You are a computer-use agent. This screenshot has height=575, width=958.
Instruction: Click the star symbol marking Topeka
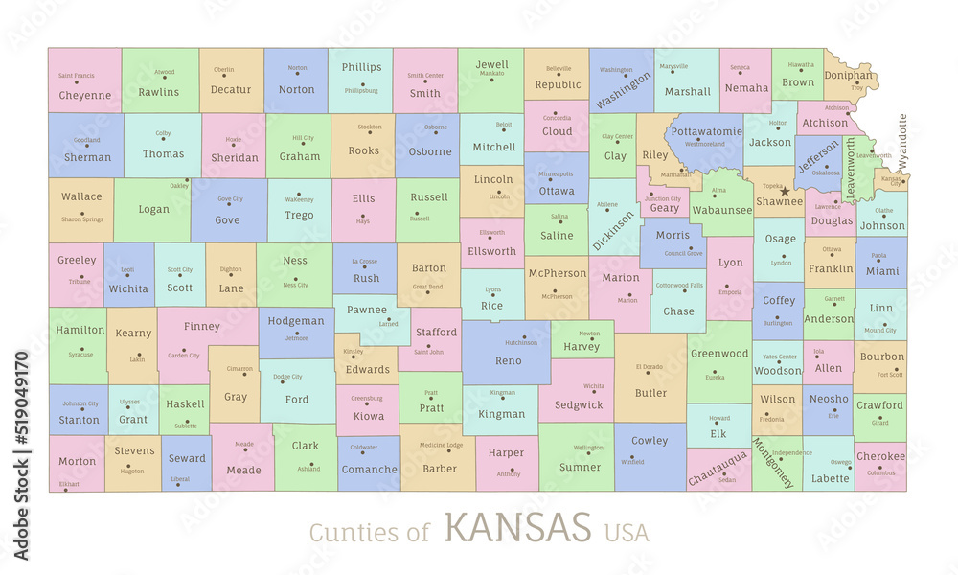(785, 191)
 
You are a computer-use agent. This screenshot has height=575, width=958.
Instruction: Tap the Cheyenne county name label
(85, 96)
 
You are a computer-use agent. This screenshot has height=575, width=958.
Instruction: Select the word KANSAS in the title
(517, 527)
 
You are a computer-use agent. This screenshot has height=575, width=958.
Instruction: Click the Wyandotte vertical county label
(902, 141)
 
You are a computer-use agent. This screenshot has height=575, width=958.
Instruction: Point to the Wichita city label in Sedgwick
(594, 386)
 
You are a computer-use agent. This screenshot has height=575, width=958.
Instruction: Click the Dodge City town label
(287, 377)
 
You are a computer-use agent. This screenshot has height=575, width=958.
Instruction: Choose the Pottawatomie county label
(706, 131)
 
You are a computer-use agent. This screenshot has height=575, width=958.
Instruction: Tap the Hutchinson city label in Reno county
(521, 342)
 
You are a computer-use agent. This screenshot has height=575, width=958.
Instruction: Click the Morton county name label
(77, 461)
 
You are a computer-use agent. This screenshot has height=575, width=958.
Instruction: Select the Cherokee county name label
(880, 457)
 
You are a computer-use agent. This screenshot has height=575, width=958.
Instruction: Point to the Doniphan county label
(849, 75)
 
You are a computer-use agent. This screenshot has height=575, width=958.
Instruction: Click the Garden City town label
(183, 356)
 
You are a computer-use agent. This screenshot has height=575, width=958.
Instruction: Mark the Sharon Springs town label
(81, 219)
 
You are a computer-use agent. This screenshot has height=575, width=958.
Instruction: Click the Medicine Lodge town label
(441, 445)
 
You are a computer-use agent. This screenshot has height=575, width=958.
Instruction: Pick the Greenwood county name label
(718, 354)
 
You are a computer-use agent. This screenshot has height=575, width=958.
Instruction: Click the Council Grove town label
(683, 253)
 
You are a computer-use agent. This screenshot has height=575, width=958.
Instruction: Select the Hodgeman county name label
(296, 321)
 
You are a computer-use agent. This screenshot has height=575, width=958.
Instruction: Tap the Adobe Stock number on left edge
(21, 455)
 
